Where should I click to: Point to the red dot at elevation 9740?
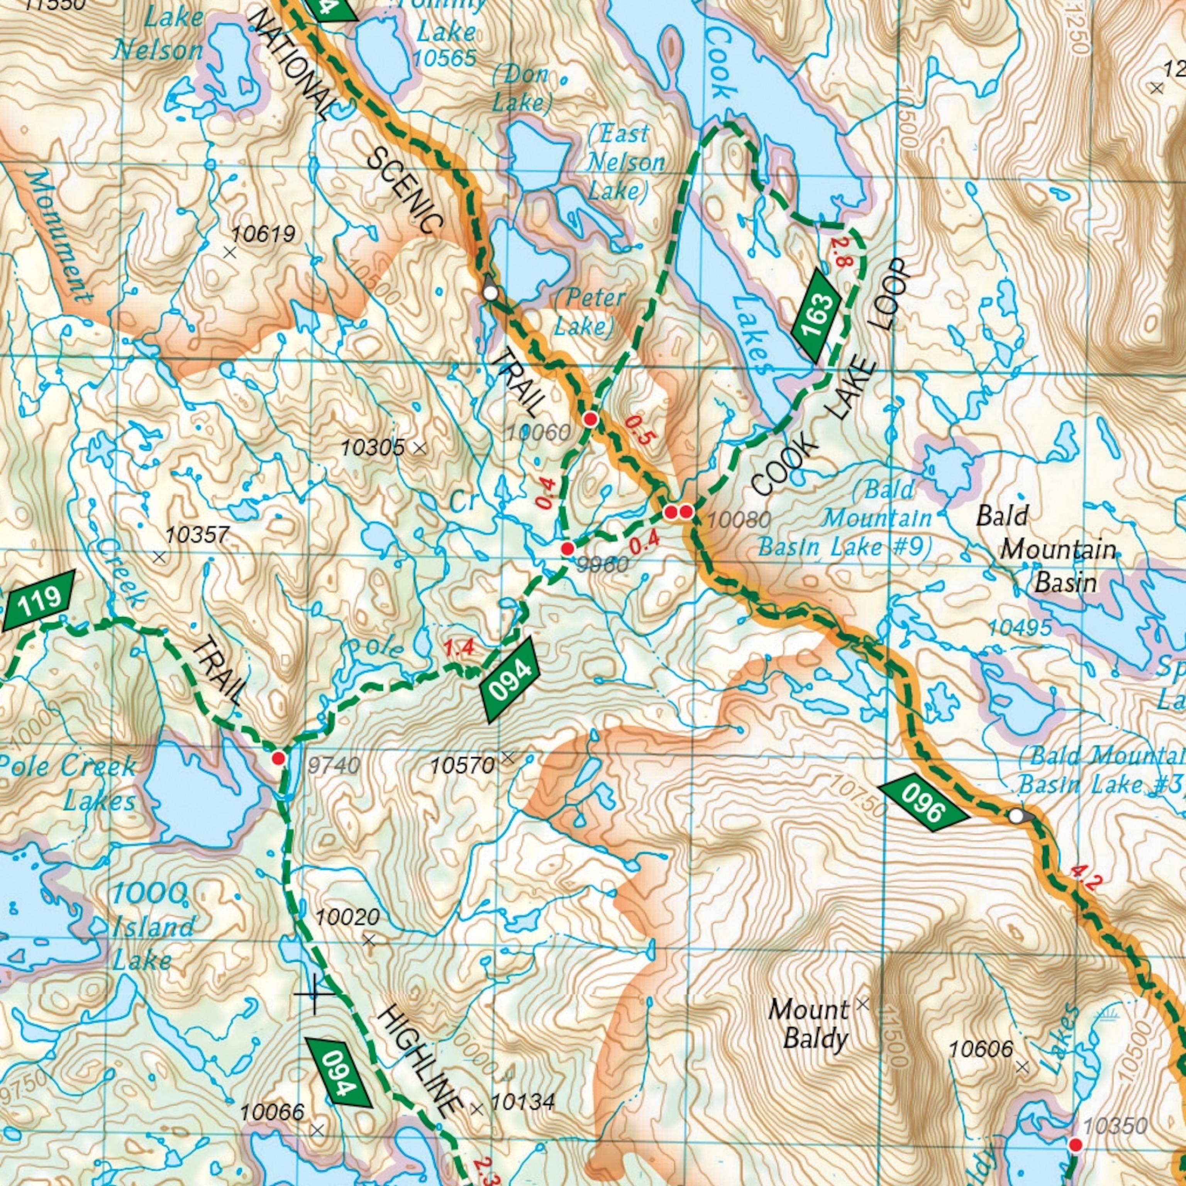coord(279,758)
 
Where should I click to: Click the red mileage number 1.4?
coord(459,648)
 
